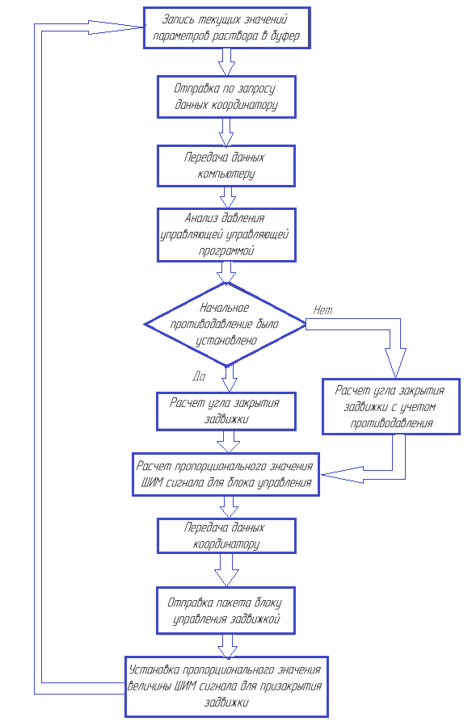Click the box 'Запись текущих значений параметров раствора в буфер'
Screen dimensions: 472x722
click(227, 27)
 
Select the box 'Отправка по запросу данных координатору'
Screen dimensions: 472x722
click(226, 97)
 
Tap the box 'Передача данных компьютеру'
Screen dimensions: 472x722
click(225, 166)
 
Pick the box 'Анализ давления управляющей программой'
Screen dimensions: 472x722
click(226, 235)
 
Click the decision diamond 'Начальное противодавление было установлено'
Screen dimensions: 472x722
click(225, 324)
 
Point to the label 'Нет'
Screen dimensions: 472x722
click(322, 310)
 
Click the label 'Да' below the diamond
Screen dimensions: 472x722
click(199, 376)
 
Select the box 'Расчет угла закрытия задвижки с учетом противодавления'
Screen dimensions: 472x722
click(391, 406)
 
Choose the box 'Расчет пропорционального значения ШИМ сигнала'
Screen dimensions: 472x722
click(225, 474)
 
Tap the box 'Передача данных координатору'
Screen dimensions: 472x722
click(226, 535)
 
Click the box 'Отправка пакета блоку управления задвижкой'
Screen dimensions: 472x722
click(225, 611)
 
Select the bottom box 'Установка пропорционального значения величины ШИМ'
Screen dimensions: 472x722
click(226, 686)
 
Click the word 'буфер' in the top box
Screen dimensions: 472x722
click(284, 36)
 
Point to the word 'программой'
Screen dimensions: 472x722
click(226, 251)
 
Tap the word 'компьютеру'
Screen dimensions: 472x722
click(225, 174)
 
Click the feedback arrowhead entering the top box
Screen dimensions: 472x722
click(116, 27)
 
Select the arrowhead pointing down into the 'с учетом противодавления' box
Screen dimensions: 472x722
click(395, 363)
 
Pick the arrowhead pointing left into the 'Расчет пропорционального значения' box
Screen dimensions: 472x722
click(342, 475)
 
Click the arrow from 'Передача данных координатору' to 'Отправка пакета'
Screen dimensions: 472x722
click(226, 570)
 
